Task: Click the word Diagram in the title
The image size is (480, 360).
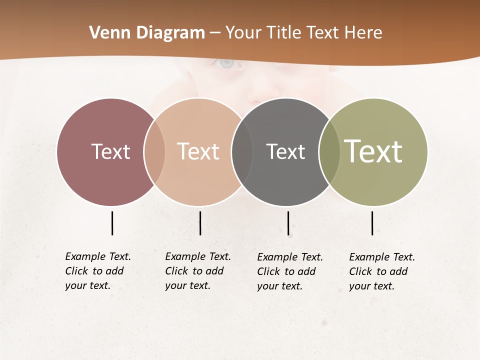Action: [x=170, y=33]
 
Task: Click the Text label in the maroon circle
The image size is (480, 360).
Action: [x=110, y=151]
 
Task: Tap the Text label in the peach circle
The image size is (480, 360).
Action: [x=198, y=151]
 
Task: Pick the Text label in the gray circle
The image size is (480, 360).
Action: [x=285, y=151]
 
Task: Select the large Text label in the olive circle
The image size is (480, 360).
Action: [x=373, y=151]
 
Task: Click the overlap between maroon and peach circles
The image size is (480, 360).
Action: [x=154, y=151]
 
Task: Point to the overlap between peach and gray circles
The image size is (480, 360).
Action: [x=242, y=151]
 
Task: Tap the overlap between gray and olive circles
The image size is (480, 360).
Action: [x=329, y=151]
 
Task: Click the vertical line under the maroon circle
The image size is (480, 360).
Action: [x=112, y=223]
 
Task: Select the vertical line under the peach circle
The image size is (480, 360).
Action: [x=200, y=223]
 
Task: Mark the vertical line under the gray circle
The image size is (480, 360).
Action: [x=288, y=223]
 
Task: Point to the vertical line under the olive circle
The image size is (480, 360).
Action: [x=372, y=223]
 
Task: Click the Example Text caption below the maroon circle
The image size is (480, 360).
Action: [x=97, y=271]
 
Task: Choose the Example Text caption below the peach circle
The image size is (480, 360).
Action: [x=197, y=271]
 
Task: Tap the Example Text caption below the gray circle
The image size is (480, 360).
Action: [x=289, y=271]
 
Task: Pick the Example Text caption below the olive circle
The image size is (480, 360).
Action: [x=381, y=271]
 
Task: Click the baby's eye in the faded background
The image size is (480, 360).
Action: [x=227, y=63]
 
